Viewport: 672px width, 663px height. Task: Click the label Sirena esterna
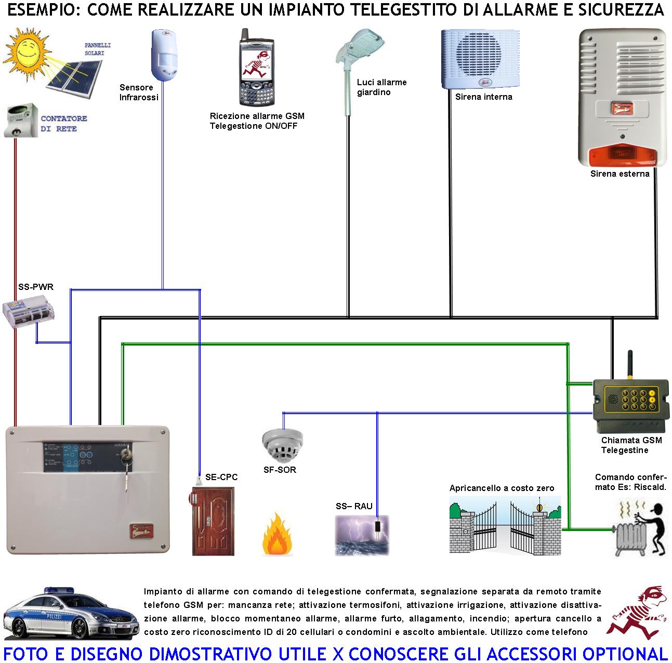coord(620,174)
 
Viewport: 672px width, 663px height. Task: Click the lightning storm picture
coord(361,535)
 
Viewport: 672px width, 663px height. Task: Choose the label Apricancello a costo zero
coord(502,488)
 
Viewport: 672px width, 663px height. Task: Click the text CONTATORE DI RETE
coord(63,124)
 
